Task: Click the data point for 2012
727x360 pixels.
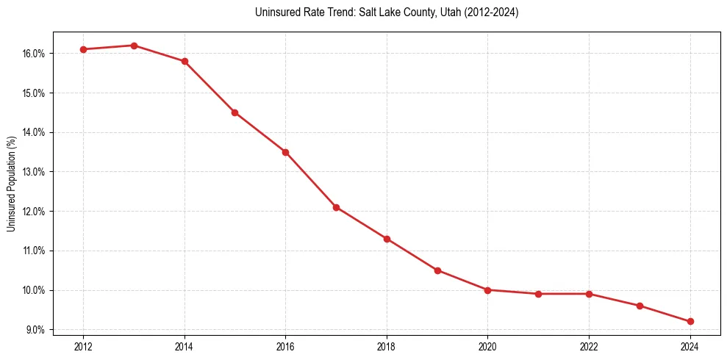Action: [x=83, y=49]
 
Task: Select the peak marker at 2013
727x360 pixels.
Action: [x=134, y=46]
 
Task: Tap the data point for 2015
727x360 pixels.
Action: [x=234, y=112]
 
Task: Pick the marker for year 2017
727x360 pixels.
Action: [x=336, y=207]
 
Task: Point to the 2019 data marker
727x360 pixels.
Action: [x=437, y=270]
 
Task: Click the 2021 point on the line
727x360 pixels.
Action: [x=538, y=294]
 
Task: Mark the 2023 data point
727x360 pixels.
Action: [x=640, y=306]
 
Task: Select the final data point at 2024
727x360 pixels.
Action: [x=690, y=321]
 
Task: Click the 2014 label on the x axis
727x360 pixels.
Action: [x=185, y=347]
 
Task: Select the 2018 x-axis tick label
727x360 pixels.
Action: [x=387, y=347]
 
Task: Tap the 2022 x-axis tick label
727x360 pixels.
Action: [x=589, y=347]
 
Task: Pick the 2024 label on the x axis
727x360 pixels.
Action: [x=690, y=347]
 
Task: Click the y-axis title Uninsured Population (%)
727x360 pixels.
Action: [x=12, y=184]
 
